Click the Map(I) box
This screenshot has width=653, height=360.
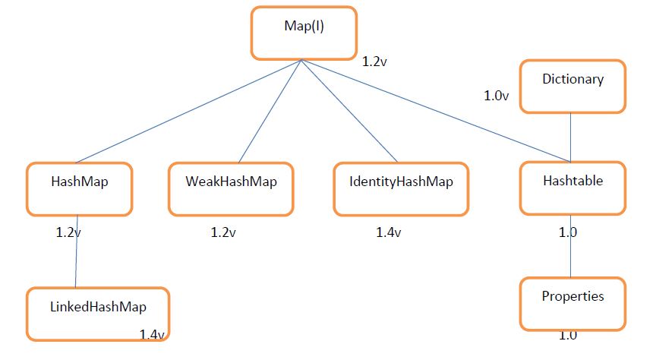point(303,33)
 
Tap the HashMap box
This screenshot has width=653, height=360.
point(80,188)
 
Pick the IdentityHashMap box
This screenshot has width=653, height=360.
point(400,188)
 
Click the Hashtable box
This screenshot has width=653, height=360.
point(573,187)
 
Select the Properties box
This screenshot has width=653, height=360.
point(573,302)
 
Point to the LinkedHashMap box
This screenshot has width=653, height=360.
point(98,313)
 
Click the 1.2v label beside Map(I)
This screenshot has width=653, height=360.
point(374,61)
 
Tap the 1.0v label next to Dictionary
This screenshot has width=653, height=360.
point(497,96)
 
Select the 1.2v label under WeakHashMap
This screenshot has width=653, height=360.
point(223,232)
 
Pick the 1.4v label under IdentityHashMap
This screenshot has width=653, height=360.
point(389,232)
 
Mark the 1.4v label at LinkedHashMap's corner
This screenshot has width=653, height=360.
point(153,334)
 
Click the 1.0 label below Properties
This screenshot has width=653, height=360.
point(567,335)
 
